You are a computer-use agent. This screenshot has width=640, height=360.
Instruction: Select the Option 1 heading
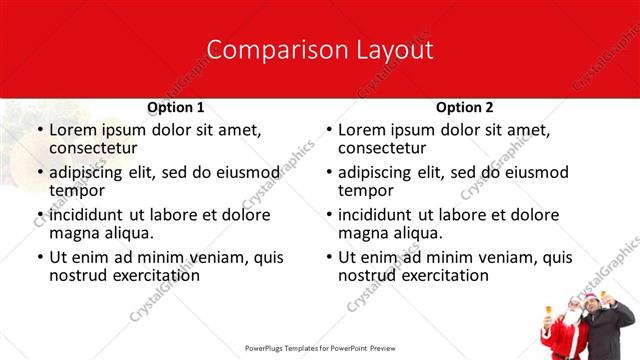(x=175, y=107)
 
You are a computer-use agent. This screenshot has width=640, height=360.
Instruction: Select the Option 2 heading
(x=464, y=107)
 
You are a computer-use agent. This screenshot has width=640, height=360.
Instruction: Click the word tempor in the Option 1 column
(x=76, y=191)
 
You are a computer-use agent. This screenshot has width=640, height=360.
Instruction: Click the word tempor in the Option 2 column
(x=365, y=191)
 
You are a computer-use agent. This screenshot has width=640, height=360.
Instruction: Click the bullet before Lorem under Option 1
(x=39, y=130)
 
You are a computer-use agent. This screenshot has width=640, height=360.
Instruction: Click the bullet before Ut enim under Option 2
(x=328, y=258)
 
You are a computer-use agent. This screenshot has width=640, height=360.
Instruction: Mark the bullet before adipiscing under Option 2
(x=328, y=173)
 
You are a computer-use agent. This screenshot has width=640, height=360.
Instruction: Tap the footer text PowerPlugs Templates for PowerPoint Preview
(x=319, y=349)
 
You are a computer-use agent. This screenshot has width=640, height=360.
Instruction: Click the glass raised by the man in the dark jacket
(x=602, y=297)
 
